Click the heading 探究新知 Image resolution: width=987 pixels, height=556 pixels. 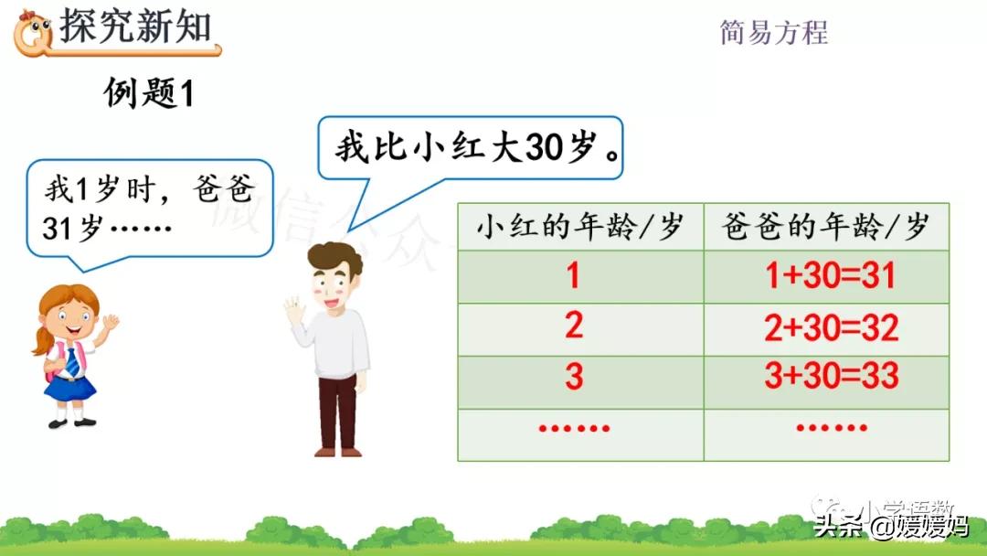point(134,28)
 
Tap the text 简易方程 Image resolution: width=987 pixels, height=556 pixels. point(773,32)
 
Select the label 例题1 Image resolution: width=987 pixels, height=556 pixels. point(149,93)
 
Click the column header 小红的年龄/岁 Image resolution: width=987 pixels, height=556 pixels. point(579,227)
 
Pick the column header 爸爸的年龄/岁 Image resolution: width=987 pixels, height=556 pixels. point(825,227)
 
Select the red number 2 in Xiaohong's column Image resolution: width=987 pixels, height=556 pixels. point(574,326)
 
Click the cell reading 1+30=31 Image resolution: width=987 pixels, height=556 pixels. point(830,276)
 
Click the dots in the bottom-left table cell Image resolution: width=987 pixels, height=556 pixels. point(574,427)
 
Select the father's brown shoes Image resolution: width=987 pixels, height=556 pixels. point(337,450)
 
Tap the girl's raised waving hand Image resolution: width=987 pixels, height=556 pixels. point(110,323)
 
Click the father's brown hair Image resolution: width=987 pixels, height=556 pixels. point(334,259)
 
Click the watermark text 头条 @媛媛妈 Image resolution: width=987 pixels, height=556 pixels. point(891,526)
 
